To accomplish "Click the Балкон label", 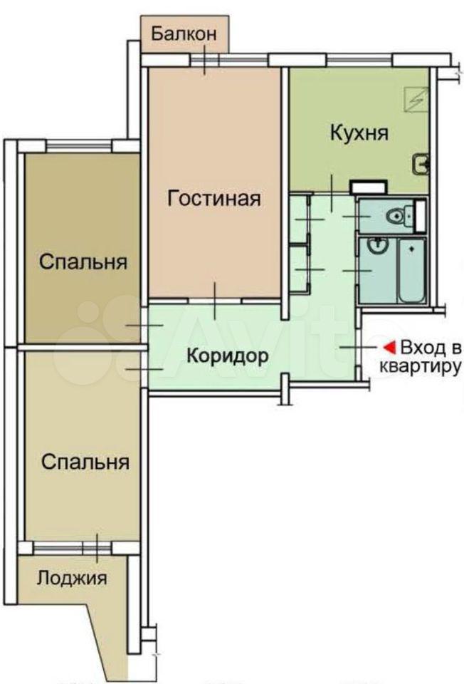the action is pyautogui.click(x=184, y=34).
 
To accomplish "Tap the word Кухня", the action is pyautogui.click(x=359, y=133).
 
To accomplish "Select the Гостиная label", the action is pyautogui.click(x=214, y=199).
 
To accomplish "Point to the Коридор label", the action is pyautogui.click(x=228, y=356).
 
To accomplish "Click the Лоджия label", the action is pyautogui.click(x=71, y=578).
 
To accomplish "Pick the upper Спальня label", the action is pyautogui.click(x=83, y=262).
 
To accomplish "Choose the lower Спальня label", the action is pyautogui.click(x=85, y=462).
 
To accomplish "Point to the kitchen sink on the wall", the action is pyautogui.click(x=421, y=165).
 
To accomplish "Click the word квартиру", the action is pyautogui.click(x=420, y=368).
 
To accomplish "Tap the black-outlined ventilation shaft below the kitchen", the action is pyautogui.click(x=368, y=187).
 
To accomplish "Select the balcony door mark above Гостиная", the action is pyautogui.click(x=204, y=59).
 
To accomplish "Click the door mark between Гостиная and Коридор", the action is pyautogui.click(x=215, y=301).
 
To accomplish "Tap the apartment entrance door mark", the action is pyautogui.click(x=358, y=348).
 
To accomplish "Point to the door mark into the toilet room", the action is pyautogui.click(x=357, y=217).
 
